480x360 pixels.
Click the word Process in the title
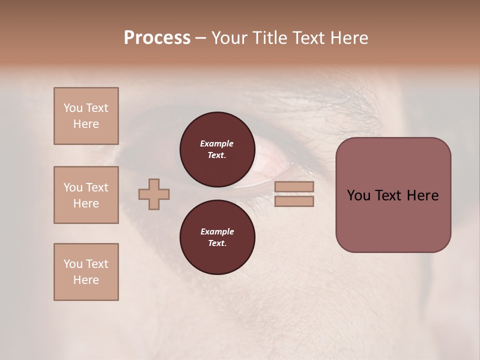(x=157, y=38)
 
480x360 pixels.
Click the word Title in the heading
(x=268, y=38)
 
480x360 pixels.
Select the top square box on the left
(x=86, y=116)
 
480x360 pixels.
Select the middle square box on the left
(x=86, y=195)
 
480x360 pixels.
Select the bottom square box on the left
(x=86, y=271)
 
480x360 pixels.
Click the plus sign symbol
(x=154, y=194)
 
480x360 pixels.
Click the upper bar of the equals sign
(x=294, y=186)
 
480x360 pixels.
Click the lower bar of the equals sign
(x=294, y=201)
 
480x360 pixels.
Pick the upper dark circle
(x=217, y=149)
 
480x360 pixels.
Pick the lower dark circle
(x=217, y=237)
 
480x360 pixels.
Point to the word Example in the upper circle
(x=217, y=143)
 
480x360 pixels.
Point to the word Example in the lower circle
(x=217, y=231)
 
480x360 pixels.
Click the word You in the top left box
(x=73, y=108)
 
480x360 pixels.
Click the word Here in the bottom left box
(x=86, y=280)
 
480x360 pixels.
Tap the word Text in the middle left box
(x=96, y=187)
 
